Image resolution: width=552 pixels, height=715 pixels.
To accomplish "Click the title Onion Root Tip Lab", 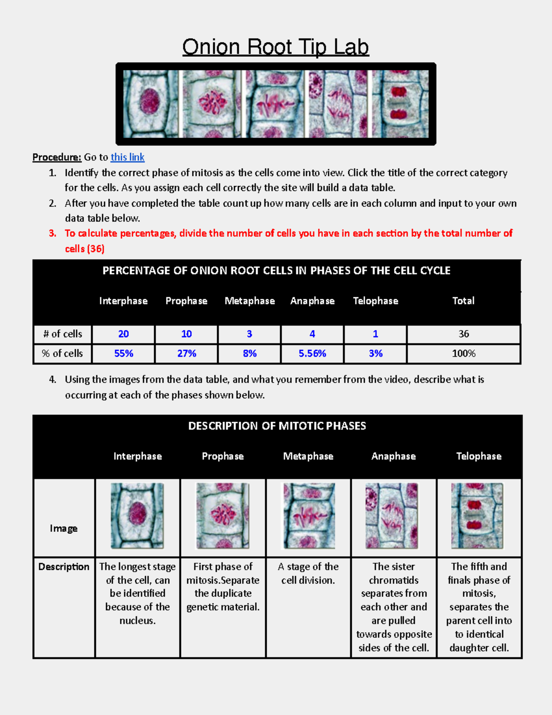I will [276, 47].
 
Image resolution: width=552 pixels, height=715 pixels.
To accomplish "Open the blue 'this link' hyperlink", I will [127, 157].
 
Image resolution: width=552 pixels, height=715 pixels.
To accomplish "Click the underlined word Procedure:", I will [57, 157].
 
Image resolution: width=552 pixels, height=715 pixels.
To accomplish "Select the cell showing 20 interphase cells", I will [123, 334].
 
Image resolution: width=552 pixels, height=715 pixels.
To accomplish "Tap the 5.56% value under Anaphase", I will [312, 353].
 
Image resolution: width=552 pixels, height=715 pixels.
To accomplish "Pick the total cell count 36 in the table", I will [463, 334].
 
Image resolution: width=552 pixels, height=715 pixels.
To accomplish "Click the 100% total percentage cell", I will [463, 353].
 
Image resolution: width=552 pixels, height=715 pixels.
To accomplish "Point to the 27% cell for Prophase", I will [187, 353].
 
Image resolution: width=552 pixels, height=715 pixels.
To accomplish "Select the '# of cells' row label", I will [63, 334].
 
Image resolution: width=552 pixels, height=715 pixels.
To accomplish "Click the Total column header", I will [463, 301].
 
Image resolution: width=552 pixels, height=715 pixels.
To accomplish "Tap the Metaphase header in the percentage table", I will [249, 301].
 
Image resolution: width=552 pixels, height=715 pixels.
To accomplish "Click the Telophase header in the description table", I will [478, 456].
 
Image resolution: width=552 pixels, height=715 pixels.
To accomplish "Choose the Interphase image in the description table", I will [137, 515].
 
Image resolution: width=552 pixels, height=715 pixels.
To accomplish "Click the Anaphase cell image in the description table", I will [391, 515].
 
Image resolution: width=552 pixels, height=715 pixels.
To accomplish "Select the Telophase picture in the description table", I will [477, 515].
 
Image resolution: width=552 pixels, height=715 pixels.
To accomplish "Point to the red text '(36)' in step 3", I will [96, 249].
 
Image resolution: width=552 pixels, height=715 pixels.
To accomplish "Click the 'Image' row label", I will [63, 528].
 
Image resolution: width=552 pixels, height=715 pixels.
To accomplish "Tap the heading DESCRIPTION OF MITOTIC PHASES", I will [277, 426].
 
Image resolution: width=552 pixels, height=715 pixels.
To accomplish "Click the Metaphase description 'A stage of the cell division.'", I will [308, 573].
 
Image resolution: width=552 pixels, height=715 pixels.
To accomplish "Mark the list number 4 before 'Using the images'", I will [52, 379].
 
